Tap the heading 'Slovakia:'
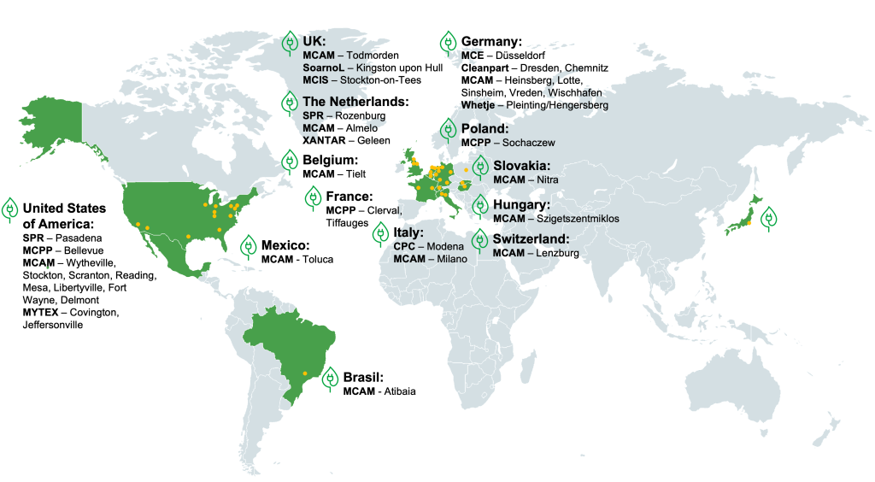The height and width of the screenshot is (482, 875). (521, 165)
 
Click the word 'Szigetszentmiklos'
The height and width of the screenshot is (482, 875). (578, 219)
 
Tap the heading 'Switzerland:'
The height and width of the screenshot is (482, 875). (531, 238)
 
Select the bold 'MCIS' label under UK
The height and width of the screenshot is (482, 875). (315, 79)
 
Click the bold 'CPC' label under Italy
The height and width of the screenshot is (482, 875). (404, 246)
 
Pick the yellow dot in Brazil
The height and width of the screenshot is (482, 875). (306, 373)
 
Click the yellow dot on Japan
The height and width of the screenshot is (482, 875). (749, 223)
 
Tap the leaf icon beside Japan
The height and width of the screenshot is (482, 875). (769, 218)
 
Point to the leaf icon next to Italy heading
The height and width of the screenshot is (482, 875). (381, 232)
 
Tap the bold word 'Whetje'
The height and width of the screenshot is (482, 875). (478, 105)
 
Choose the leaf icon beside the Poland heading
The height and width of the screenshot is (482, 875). (449, 131)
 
